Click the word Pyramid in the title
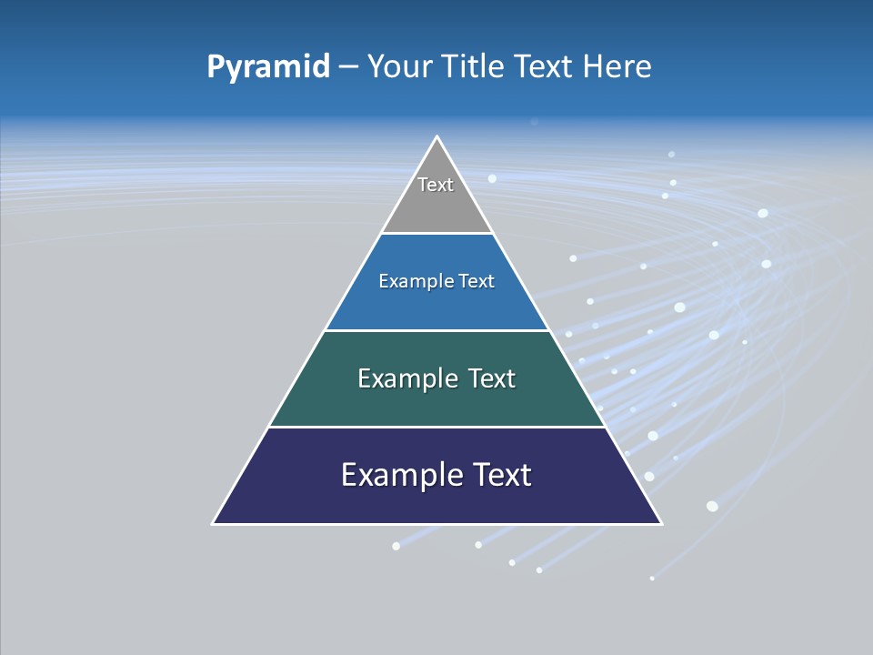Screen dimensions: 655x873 (x=268, y=67)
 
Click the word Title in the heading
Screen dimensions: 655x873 (x=476, y=67)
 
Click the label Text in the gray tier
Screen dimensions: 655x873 (x=436, y=185)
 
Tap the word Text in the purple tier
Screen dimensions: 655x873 (x=501, y=475)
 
